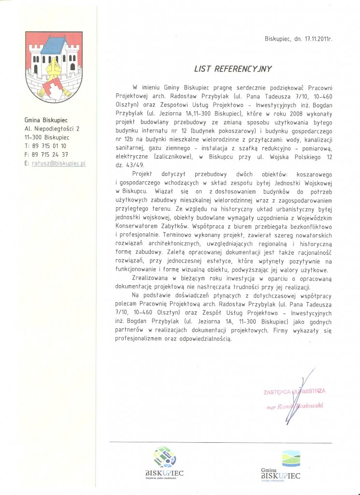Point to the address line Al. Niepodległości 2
click(53, 129)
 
